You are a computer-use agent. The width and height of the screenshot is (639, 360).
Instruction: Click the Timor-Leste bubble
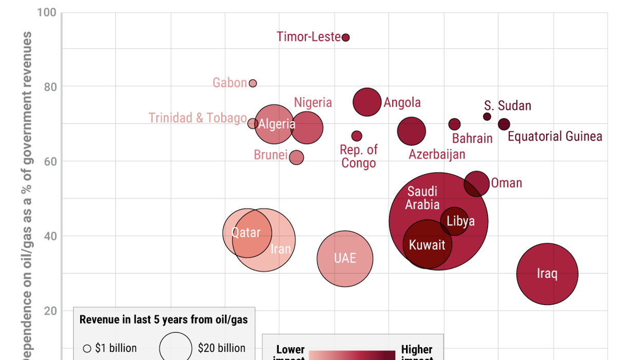click(x=346, y=37)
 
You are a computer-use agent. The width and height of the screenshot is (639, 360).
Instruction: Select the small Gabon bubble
click(x=253, y=83)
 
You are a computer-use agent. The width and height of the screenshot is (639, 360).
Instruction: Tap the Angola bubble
click(x=367, y=102)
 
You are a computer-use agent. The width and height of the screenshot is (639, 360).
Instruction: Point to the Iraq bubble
click(x=547, y=274)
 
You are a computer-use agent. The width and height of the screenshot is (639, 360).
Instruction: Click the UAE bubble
click(x=345, y=258)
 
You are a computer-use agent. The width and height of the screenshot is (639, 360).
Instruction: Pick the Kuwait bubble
click(x=427, y=245)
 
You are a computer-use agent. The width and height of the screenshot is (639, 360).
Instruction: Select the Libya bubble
click(x=455, y=221)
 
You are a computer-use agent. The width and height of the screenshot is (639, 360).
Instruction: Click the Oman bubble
click(x=477, y=184)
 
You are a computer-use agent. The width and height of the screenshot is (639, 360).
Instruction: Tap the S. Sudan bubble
click(x=487, y=117)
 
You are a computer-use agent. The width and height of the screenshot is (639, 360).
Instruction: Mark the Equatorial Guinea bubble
click(x=504, y=124)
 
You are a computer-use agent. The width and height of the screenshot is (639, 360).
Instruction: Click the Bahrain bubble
click(x=455, y=124)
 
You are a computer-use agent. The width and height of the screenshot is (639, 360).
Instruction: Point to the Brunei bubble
click(x=297, y=158)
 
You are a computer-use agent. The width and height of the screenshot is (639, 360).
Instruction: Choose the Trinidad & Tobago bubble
click(x=253, y=124)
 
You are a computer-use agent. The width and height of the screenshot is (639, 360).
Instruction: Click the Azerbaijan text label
click(x=437, y=154)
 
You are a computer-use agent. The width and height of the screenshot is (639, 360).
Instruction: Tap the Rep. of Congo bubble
click(x=357, y=136)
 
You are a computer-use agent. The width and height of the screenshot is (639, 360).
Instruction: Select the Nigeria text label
click(x=313, y=103)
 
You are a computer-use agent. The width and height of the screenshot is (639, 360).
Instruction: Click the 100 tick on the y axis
click(x=47, y=12)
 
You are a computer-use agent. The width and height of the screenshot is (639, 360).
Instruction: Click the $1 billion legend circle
click(x=87, y=349)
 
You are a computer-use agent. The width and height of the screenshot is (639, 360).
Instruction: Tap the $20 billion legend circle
click(x=176, y=348)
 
